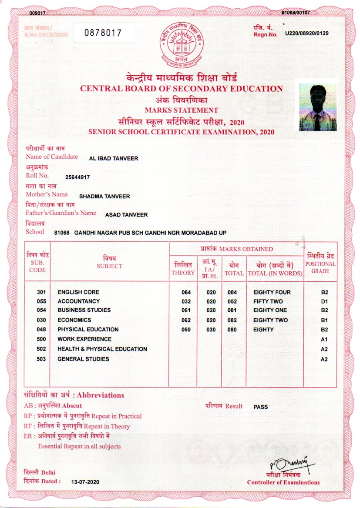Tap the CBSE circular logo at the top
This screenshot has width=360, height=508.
181,44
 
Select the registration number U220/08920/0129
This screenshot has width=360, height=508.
306,33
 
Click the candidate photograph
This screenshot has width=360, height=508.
318,107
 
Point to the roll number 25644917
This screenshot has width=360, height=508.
77,177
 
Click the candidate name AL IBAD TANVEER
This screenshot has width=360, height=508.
113,158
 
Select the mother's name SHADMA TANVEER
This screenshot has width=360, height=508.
104,196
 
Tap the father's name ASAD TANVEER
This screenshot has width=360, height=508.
126,214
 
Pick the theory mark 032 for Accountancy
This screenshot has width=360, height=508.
186,301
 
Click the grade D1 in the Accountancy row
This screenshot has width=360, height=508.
324,301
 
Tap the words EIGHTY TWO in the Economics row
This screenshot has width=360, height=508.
270,320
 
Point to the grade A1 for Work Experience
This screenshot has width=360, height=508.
324,339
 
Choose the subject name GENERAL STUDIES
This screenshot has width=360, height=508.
83,359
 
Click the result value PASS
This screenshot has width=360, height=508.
261,407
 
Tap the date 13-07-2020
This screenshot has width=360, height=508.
85,482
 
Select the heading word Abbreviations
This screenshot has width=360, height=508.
101,395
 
